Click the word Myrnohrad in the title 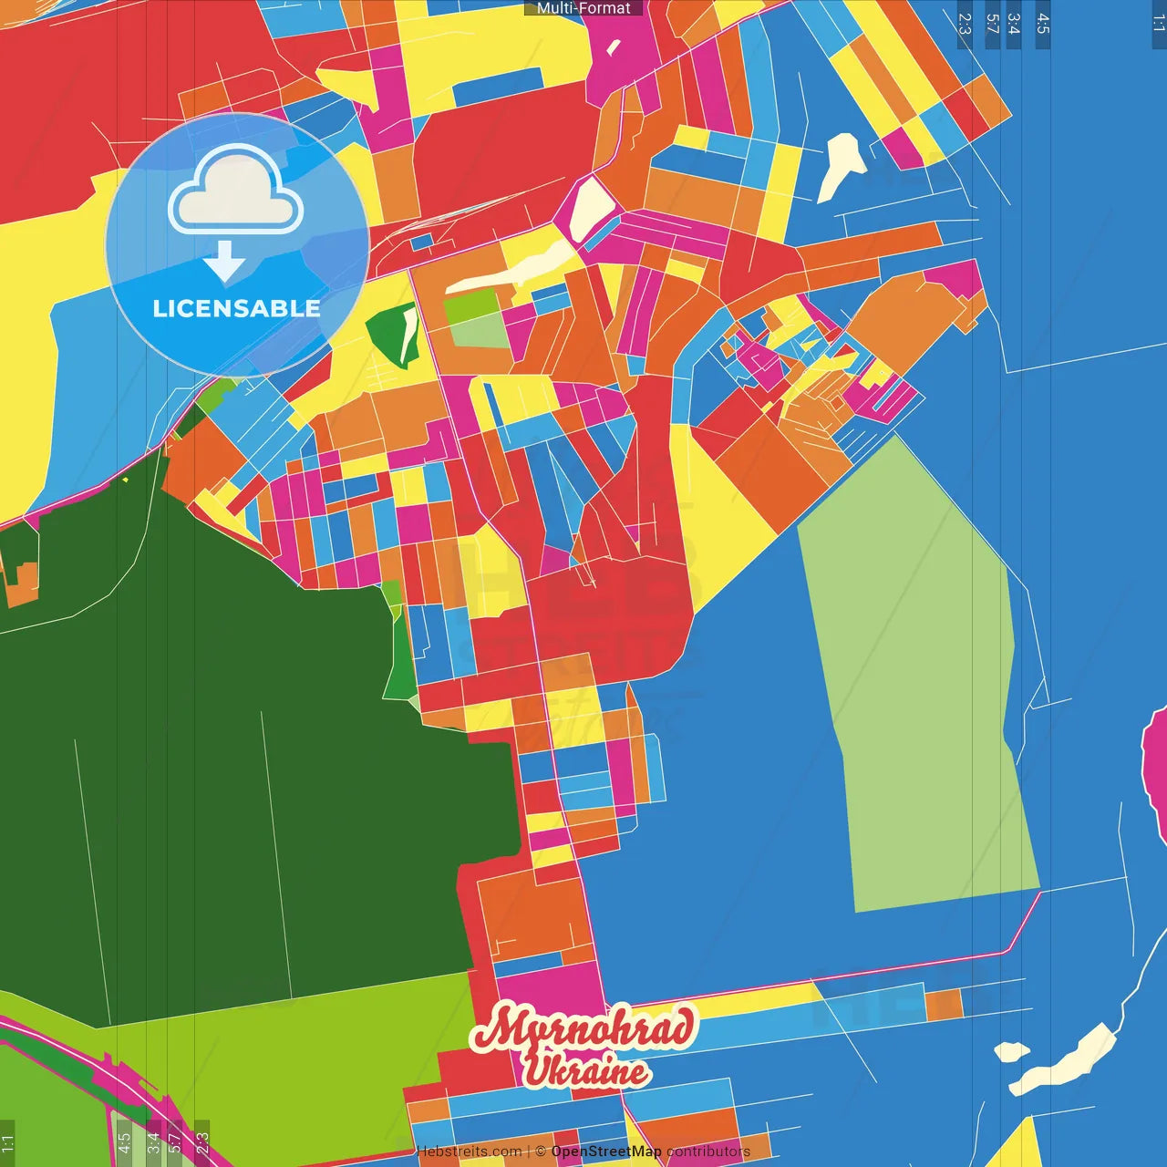(583, 1028)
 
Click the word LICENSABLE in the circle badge (236, 308)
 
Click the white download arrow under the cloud (224, 261)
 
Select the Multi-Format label (583, 8)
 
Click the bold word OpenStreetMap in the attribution (606, 1152)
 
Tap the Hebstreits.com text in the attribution (469, 1152)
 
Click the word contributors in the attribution (708, 1152)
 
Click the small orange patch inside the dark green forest (22, 583)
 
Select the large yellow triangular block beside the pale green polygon (729, 520)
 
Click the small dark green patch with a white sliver (393, 333)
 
